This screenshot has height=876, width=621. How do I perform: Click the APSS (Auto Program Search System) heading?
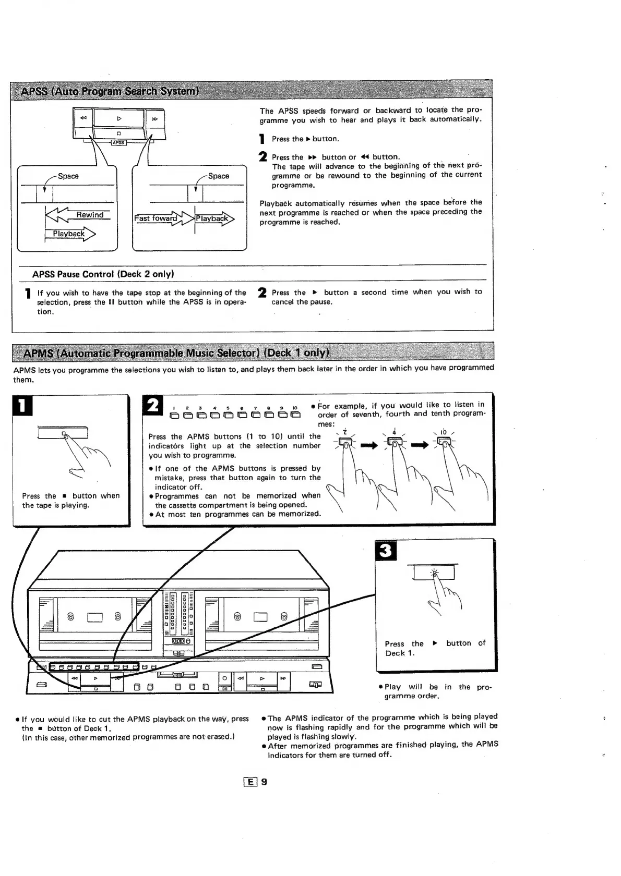110,92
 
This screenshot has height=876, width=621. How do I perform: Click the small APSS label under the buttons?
118,142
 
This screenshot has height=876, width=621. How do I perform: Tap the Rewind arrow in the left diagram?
78,215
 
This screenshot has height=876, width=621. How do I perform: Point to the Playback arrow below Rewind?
70,234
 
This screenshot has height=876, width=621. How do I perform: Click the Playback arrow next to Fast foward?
213,218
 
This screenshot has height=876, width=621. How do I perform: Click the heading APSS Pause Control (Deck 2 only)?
103,274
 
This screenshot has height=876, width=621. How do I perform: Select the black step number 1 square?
22,407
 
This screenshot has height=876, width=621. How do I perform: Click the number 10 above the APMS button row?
295,408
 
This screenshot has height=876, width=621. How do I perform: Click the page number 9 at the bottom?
264,782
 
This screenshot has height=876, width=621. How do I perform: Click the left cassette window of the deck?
97,618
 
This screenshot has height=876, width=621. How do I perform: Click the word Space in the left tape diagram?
68,176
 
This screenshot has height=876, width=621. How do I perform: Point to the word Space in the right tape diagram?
218,176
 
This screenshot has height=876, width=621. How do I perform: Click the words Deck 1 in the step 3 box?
400,653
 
